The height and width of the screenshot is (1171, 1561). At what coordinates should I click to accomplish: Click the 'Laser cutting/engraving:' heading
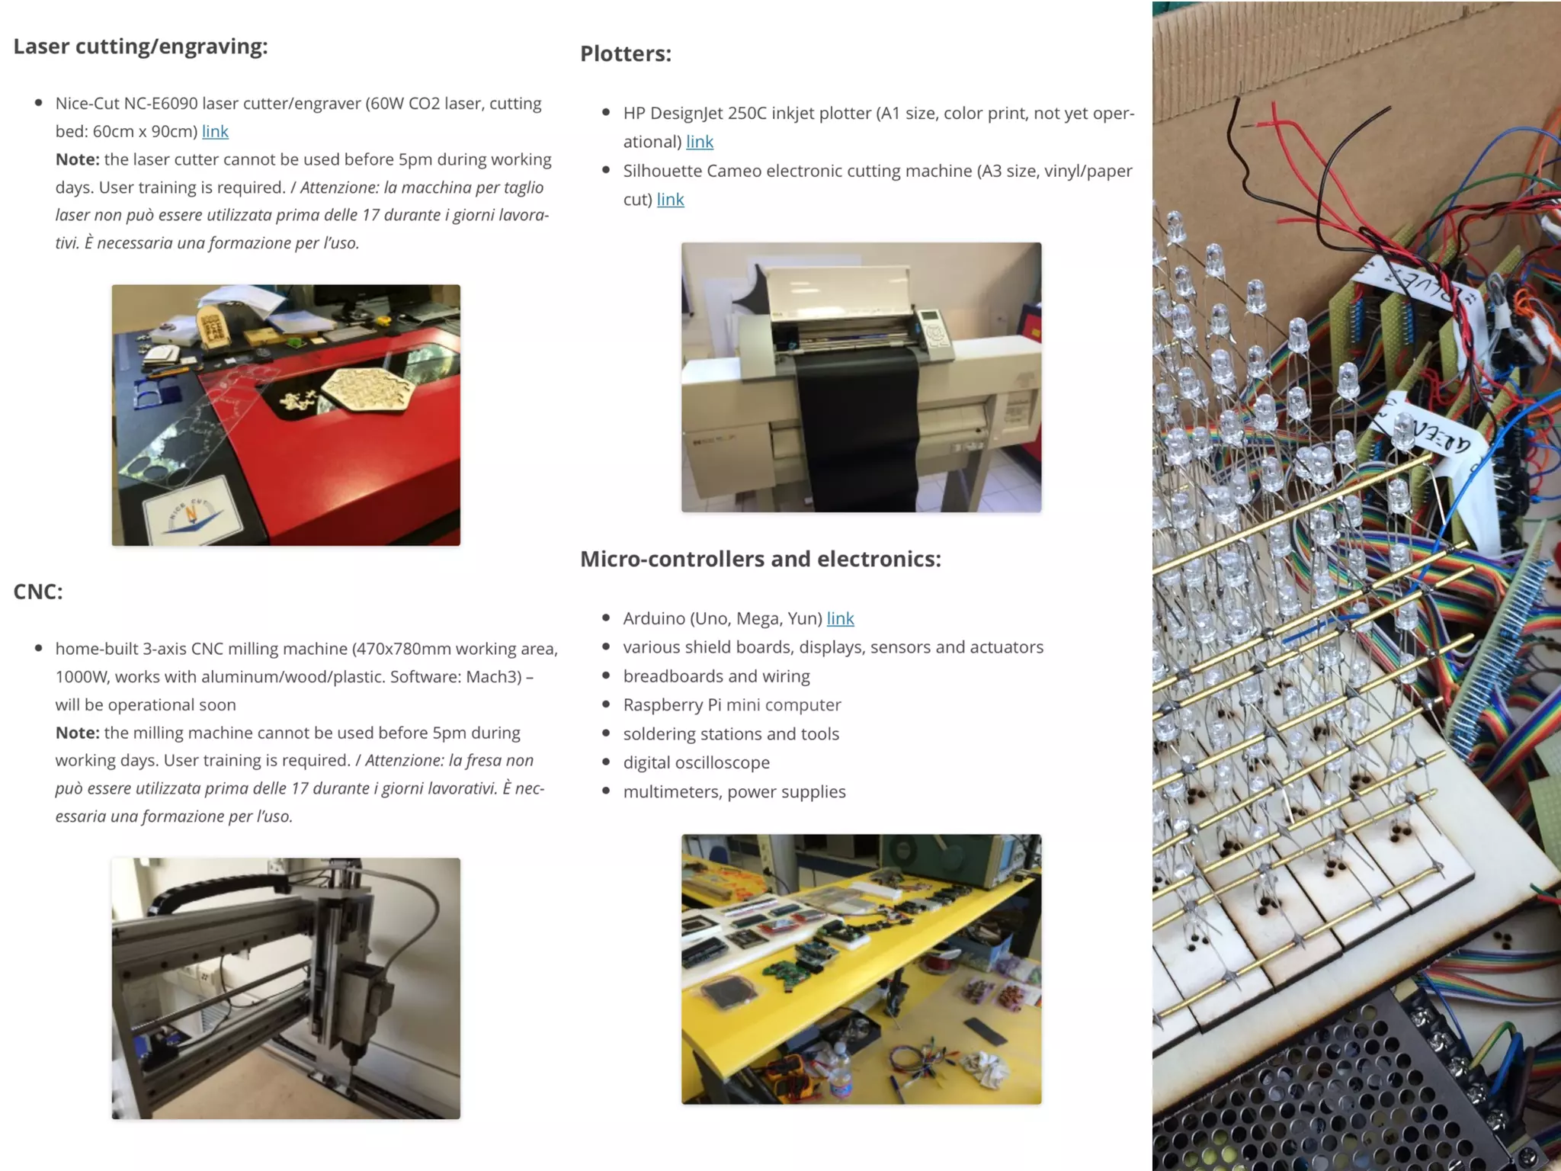click(x=140, y=47)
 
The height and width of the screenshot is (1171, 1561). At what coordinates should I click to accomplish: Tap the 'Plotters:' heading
click(x=626, y=54)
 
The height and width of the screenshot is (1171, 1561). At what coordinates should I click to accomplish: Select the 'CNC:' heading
click(x=38, y=592)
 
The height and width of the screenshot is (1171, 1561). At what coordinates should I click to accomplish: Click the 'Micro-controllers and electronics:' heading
click(x=761, y=559)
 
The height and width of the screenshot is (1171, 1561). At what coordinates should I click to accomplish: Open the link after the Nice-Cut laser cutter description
click(x=215, y=131)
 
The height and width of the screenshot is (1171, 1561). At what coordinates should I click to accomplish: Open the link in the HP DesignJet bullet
click(x=700, y=141)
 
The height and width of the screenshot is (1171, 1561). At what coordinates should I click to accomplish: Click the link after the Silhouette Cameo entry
click(x=671, y=199)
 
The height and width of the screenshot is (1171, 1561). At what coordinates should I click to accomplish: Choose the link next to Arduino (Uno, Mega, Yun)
click(x=841, y=618)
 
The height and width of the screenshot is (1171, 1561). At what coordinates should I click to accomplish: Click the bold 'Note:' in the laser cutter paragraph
click(x=78, y=159)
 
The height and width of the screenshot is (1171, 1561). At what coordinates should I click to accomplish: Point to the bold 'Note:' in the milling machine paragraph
click(x=78, y=733)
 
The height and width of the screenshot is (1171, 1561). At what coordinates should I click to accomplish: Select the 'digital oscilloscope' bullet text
click(x=697, y=762)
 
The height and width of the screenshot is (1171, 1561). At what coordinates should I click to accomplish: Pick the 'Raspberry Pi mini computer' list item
click(x=732, y=704)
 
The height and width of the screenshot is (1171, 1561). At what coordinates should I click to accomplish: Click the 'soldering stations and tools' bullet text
click(x=731, y=733)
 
